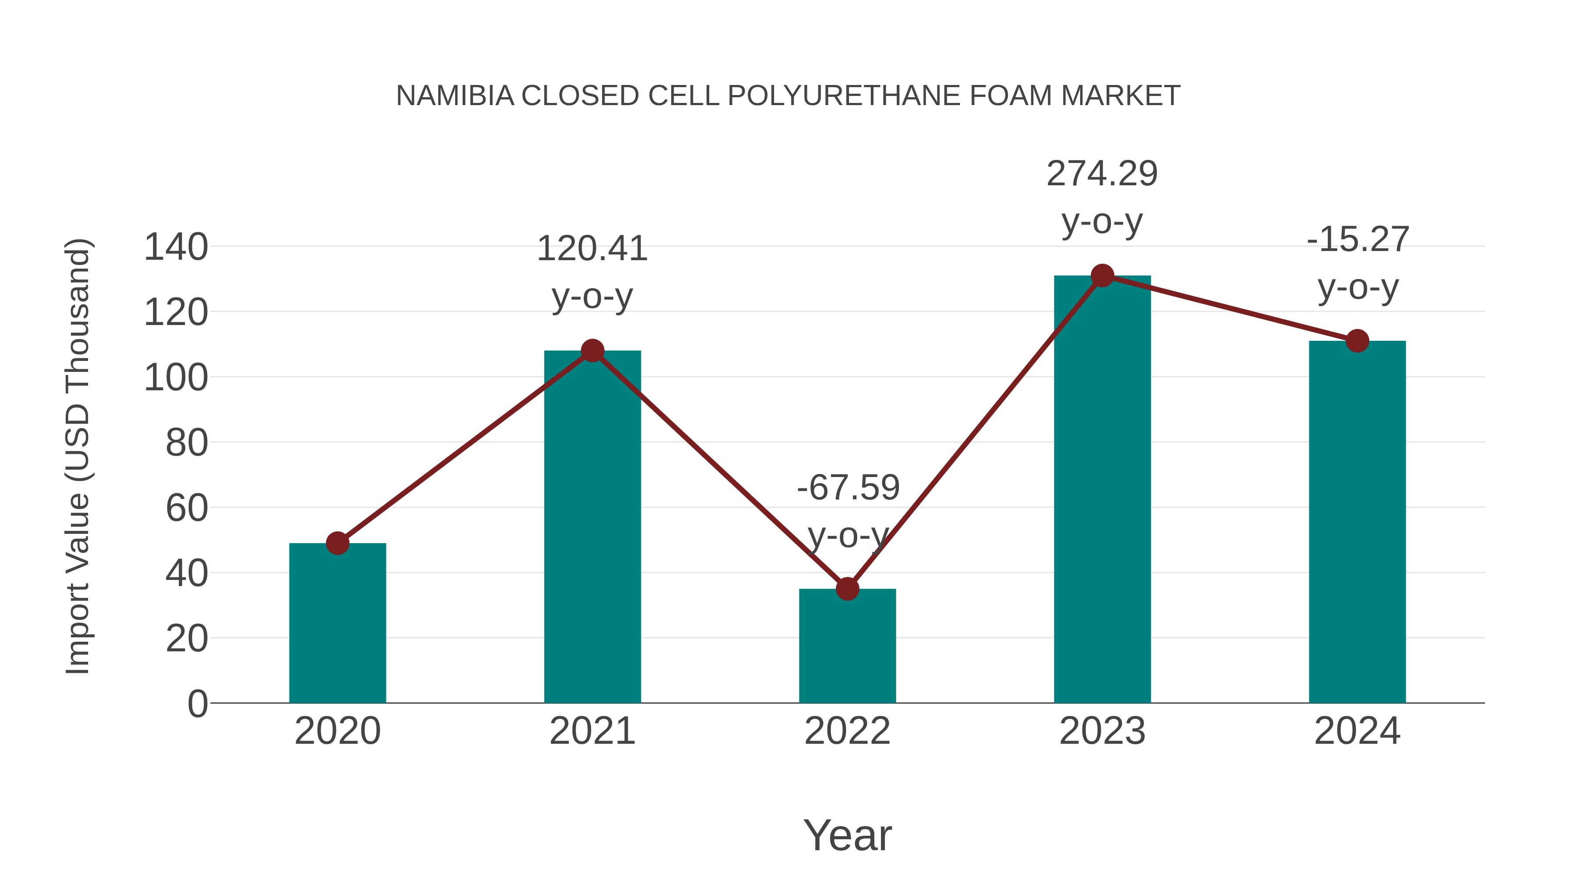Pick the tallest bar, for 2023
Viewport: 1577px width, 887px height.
click(x=1102, y=490)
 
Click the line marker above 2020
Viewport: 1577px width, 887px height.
click(x=337, y=543)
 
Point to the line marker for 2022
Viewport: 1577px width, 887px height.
click(x=847, y=589)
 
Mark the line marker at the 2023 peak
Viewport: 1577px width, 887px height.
click(x=1102, y=276)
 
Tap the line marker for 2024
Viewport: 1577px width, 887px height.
click(x=1357, y=341)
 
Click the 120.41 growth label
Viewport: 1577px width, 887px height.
click(x=592, y=249)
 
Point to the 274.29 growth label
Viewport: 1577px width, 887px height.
click(x=1102, y=174)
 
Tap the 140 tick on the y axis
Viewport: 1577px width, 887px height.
click(x=176, y=247)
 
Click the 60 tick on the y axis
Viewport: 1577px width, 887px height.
click(x=187, y=508)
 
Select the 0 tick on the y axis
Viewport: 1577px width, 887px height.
click(x=198, y=703)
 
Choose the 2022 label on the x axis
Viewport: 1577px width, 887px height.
click(x=847, y=731)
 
